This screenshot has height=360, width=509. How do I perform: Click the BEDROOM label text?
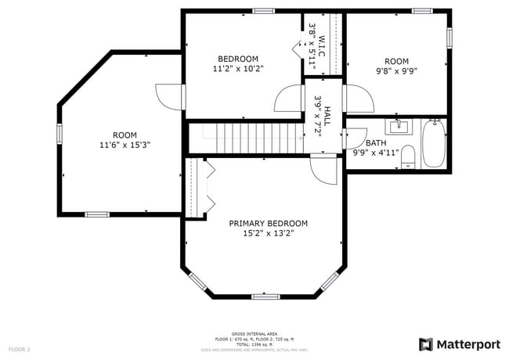238,59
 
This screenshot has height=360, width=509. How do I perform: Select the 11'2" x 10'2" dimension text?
238,69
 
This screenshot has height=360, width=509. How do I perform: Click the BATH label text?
376,143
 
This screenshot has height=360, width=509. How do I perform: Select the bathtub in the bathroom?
434,143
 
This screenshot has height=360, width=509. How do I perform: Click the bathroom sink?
398,125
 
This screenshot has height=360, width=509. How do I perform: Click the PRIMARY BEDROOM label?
268,223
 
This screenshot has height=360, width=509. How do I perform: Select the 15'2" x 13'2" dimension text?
268,233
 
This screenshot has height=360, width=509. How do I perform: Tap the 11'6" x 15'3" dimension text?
125,145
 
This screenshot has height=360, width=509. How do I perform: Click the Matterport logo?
460,344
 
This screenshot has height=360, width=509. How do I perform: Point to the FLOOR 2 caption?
20,348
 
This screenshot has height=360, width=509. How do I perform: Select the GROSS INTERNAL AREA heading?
254,333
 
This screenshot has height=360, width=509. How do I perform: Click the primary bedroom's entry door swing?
323,168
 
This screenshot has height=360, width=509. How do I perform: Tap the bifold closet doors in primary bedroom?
208,186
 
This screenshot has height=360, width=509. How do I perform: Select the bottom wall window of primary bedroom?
265,297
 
